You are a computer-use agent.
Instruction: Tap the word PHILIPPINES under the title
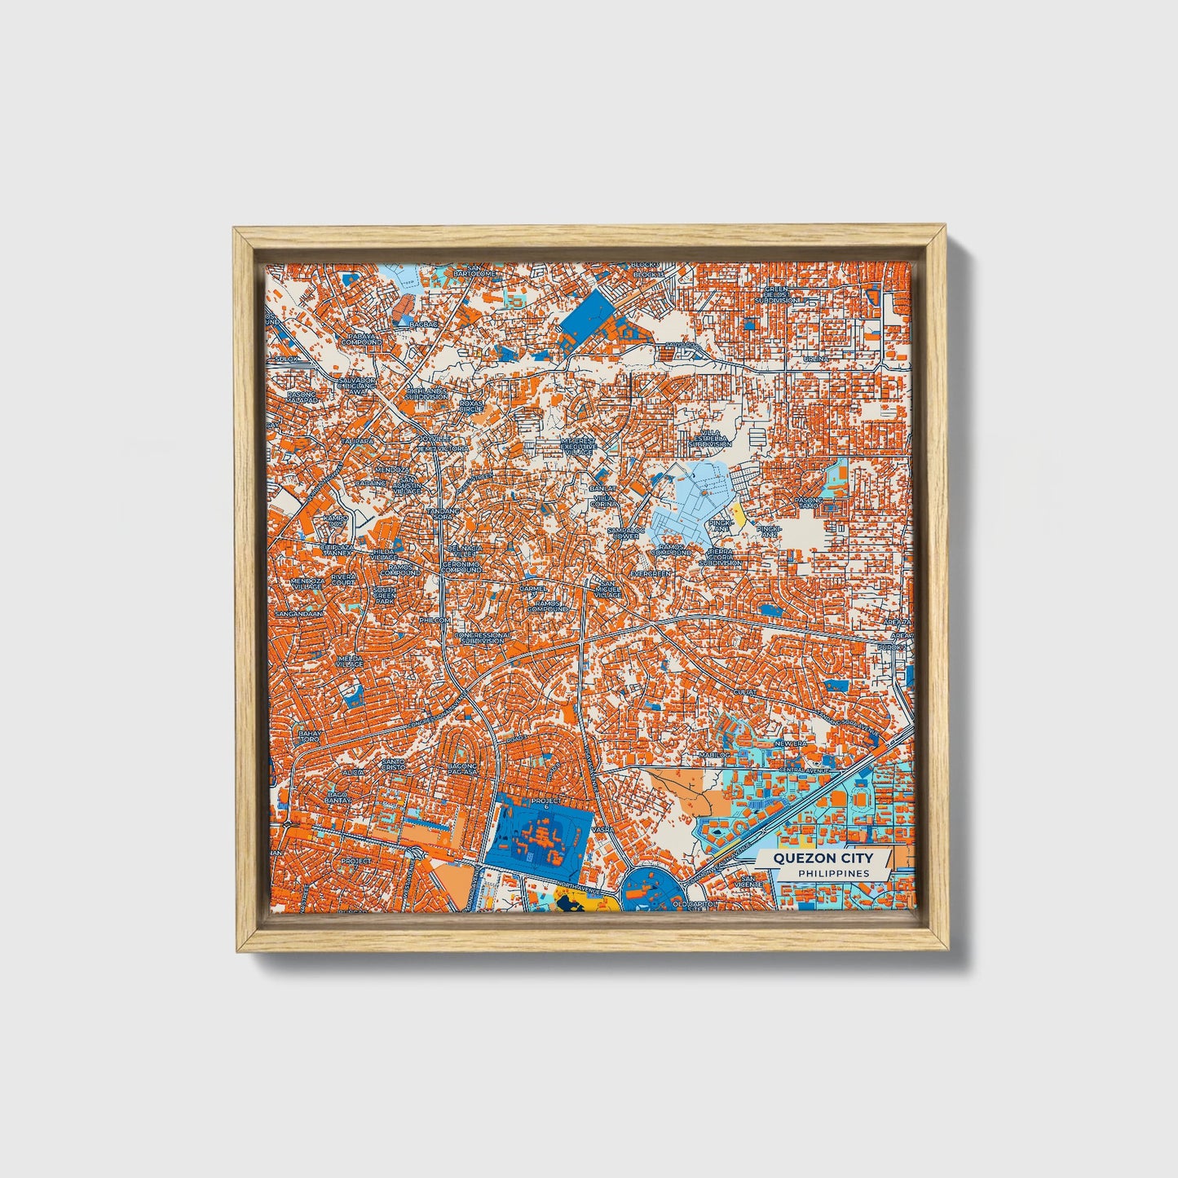[x=832, y=873]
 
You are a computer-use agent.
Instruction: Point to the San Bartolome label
[x=474, y=270]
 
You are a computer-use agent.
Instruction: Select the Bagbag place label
[x=423, y=324]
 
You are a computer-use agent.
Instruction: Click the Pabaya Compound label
[x=362, y=338]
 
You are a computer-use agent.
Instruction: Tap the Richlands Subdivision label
[x=427, y=393]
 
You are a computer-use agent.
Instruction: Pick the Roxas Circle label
[x=470, y=404]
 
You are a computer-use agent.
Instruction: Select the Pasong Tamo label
[x=809, y=502]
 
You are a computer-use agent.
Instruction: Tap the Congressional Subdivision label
[x=483, y=638]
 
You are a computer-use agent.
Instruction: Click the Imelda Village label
[x=349, y=660]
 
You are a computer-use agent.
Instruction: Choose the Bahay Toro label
[x=309, y=736]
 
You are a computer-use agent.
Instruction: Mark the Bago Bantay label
[x=338, y=796]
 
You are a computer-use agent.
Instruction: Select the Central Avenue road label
[x=804, y=770]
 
